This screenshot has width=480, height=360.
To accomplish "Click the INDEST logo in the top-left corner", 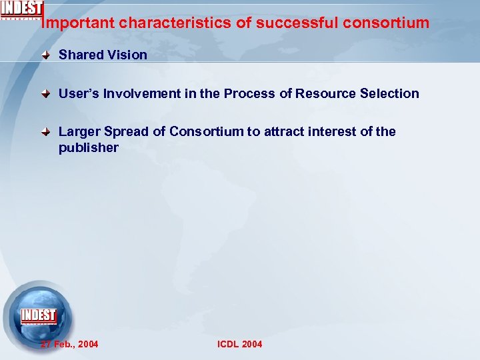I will (22, 9).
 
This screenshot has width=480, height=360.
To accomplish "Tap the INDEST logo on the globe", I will (39, 315).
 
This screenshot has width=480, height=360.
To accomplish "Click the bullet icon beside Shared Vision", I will (46, 55).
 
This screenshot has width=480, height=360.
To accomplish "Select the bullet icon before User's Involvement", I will (46, 94).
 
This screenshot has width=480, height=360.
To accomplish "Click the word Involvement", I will (140, 94).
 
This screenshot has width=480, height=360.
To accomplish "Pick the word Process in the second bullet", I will (249, 94).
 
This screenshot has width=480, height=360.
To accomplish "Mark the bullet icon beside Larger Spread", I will (46, 132).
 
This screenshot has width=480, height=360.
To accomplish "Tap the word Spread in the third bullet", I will (127, 132).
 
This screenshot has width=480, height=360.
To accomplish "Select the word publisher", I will (88, 147).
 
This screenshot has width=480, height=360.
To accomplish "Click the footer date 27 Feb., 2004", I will (69, 344).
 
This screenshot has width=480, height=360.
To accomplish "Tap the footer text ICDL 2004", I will (240, 344).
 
